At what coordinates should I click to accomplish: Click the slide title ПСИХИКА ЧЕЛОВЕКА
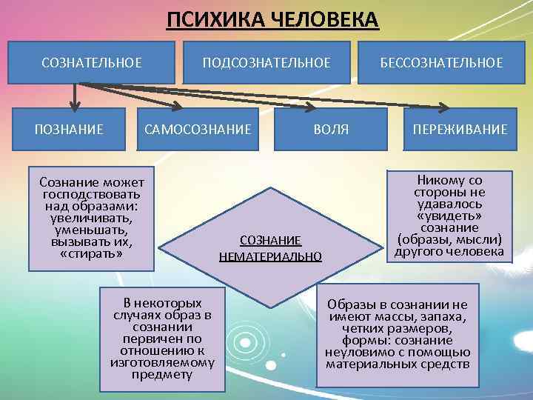[272, 19]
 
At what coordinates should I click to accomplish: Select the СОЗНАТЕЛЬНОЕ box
[92, 62]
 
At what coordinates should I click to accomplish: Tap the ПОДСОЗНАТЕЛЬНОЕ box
[266, 62]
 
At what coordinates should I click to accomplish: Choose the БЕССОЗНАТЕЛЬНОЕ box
[441, 62]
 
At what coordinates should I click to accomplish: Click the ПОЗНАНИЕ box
[70, 130]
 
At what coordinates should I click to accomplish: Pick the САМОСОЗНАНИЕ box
[198, 130]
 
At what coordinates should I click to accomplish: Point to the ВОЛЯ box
[331, 130]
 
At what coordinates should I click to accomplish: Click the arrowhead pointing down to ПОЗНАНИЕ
[74, 104]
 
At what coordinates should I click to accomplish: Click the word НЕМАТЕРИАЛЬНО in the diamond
[270, 257]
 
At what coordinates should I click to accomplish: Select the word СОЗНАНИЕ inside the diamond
[270, 241]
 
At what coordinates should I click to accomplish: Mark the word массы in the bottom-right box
[383, 317]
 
